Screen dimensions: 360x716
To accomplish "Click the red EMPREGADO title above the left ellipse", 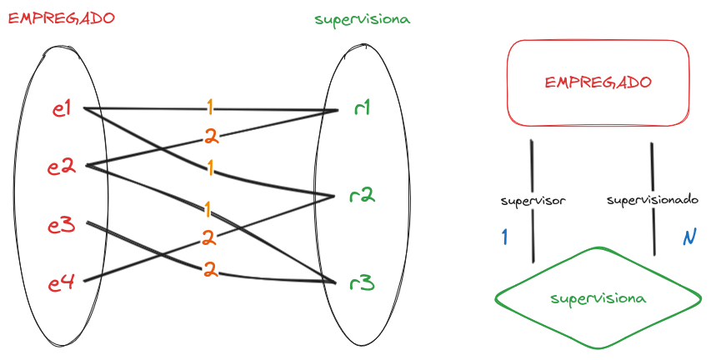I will pyautogui.click(x=61, y=17).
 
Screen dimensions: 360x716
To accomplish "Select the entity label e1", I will pyautogui.click(x=61, y=108).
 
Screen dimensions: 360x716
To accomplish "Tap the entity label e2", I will pyautogui.click(x=62, y=167).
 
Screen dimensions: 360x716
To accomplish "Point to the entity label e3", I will pyautogui.click(x=62, y=225).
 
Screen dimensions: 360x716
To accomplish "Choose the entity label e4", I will pyautogui.click(x=62, y=283).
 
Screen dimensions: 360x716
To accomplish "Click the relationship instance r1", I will pyautogui.click(x=361, y=108).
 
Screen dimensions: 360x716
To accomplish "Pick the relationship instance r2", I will pyautogui.click(x=362, y=197).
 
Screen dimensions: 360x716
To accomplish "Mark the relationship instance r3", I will pyautogui.click(x=362, y=283).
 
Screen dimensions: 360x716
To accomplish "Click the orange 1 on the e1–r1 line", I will pyautogui.click(x=210, y=107).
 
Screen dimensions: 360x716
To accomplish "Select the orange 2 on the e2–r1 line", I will pyautogui.click(x=210, y=137).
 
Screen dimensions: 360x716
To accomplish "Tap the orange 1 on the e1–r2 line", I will pyautogui.click(x=210, y=169).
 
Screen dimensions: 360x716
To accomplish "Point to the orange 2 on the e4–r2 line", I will pyautogui.click(x=208, y=238).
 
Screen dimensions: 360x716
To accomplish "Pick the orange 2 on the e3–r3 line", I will pyautogui.click(x=210, y=269).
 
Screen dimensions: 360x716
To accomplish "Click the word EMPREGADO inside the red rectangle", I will pyautogui.click(x=598, y=82).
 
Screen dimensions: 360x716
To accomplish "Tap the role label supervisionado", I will pyautogui.click(x=652, y=201).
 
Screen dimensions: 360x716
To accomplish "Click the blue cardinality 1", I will pyautogui.click(x=504, y=237).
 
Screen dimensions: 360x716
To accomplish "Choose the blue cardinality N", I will pyautogui.click(x=688, y=238).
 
